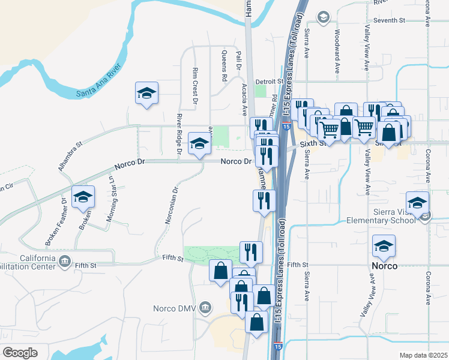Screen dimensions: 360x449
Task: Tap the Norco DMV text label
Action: (x=175, y=308)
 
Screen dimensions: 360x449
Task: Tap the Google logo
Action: (x=20, y=353)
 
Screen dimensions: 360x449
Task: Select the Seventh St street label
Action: (x=390, y=20)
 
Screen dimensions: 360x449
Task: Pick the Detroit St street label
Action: (x=268, y=81)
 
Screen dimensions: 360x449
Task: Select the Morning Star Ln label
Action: (x=112, y=203)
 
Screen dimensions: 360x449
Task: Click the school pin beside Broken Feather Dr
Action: (x=83, y=197)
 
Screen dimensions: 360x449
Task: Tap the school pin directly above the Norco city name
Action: (x=384, y=245)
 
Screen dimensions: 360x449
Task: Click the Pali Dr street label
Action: (x=238, y=61)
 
